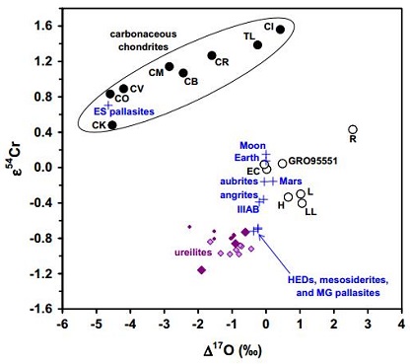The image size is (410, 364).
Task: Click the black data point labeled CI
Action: pos(281,30)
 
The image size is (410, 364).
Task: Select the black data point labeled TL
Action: pos(258,44)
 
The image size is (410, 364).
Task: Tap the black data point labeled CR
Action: pos(212,56)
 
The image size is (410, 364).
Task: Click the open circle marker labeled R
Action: pos(354,129)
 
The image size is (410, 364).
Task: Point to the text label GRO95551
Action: pos(316,161)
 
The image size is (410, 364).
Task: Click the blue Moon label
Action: pos(241,145)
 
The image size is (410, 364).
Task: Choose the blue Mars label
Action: pos(290,182)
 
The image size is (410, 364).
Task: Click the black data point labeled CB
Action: pos(183,73)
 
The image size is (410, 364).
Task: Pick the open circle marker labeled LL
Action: pos(303,203)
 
